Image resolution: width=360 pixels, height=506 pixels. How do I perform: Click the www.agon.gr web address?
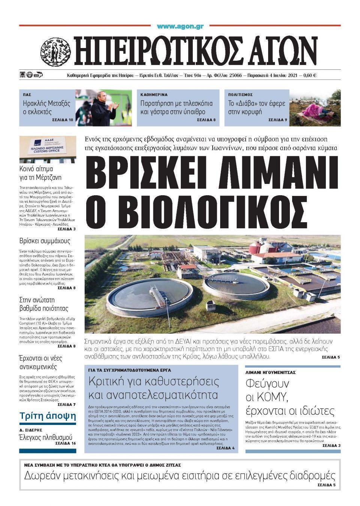click(180, 27)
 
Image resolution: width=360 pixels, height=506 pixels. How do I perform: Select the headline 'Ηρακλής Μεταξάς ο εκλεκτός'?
click(46, 107)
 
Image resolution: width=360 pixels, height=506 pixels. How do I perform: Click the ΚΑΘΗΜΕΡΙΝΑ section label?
click(154, 95)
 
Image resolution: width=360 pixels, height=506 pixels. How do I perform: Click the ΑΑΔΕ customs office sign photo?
click(47, 148)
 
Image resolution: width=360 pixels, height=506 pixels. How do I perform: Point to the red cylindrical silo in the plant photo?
click(256, 247)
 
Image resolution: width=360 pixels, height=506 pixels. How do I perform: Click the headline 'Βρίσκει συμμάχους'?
click(45, 241)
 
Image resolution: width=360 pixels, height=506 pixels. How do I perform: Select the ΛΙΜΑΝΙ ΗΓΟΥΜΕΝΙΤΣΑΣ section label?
click(270, 372)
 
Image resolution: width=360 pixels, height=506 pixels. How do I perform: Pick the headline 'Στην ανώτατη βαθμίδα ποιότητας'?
click(43, 304)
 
